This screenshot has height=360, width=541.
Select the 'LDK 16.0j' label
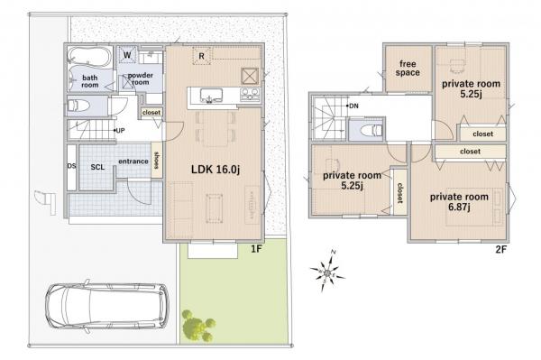214,168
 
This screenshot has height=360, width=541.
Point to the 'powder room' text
140,78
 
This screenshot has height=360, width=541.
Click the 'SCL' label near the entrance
97,167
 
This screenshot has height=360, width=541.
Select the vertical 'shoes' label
156,161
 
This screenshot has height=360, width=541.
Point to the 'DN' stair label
353,105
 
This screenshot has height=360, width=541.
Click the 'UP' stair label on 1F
119,130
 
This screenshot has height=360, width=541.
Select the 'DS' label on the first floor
71,166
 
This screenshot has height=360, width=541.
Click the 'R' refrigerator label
202,55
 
